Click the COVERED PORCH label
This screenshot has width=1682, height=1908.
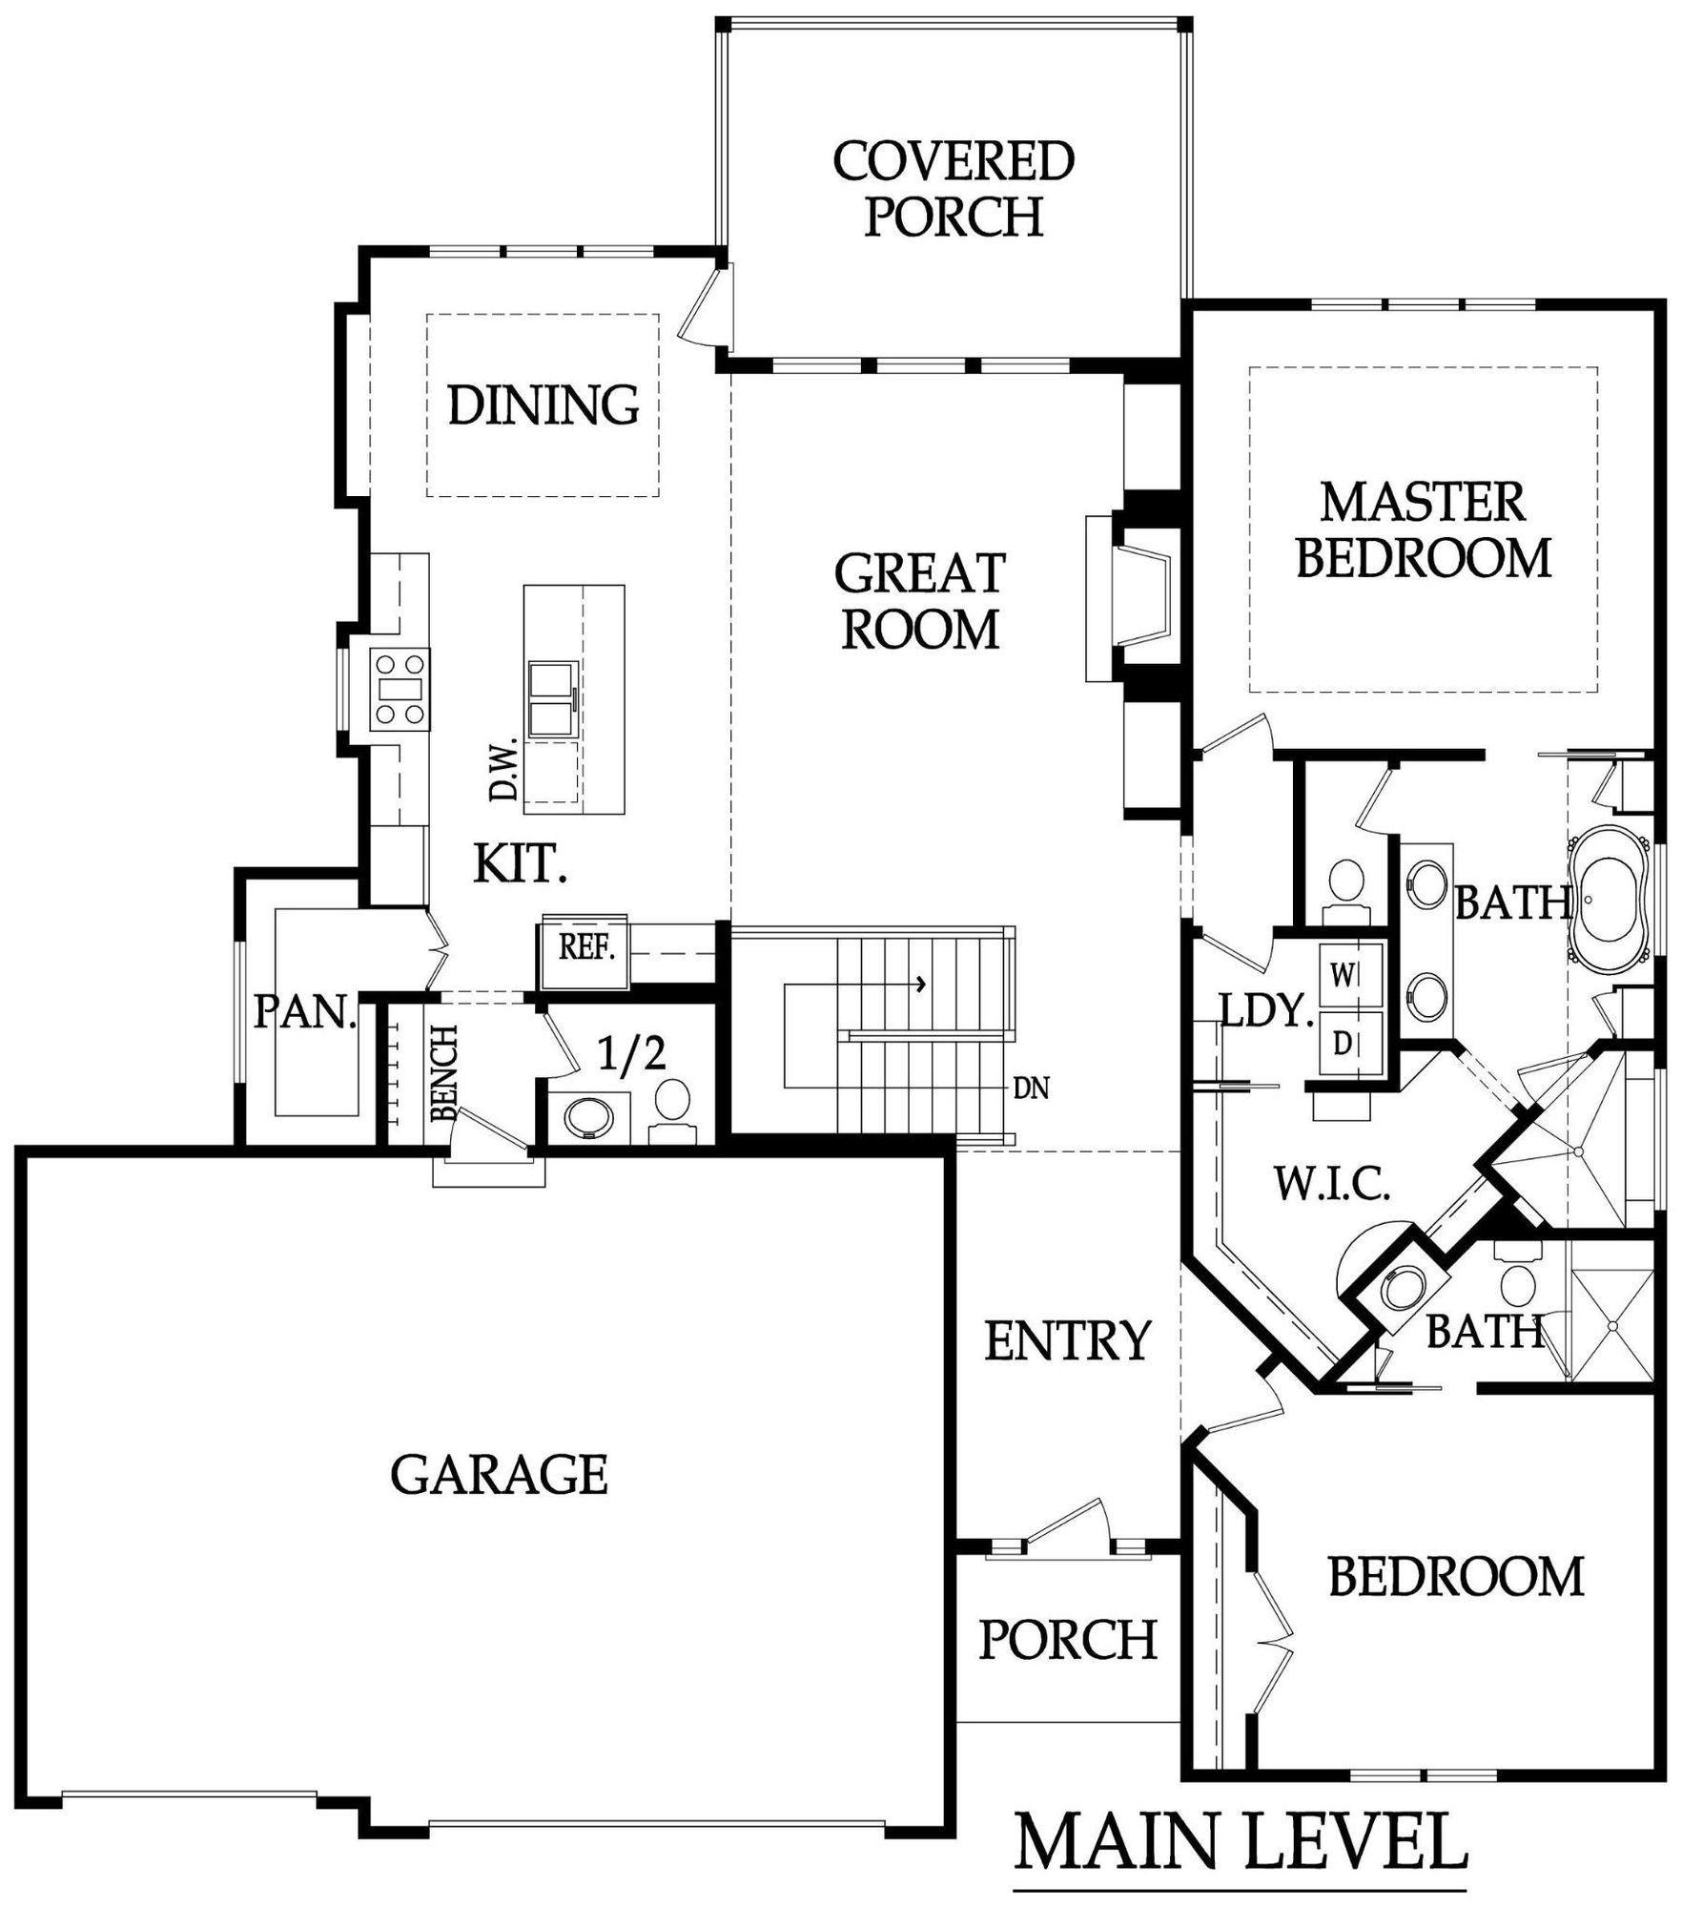pyautogui.click(x=953, y=188)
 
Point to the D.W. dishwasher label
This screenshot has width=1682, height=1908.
pyautogui.click(x=503, y=769)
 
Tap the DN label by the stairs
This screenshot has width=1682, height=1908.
pyautogui.click(x=1032, y=1089)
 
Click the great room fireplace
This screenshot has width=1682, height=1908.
pyautogui.click(x=1139, y=598)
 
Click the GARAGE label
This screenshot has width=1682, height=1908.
pyautogui.click(x=499, y=1476)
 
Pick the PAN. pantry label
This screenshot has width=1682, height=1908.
pyautogui.click(x=305, y=1013)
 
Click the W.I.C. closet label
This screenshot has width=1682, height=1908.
pyautogui.click(x=1332, y=1186)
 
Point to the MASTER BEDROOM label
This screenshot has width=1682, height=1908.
pyautogui.click(x=1423, y=531)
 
